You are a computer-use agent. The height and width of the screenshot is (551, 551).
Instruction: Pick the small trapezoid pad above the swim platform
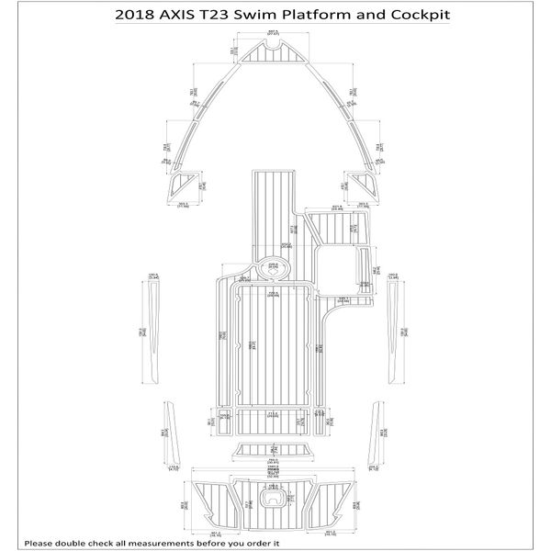click(274, 451)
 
